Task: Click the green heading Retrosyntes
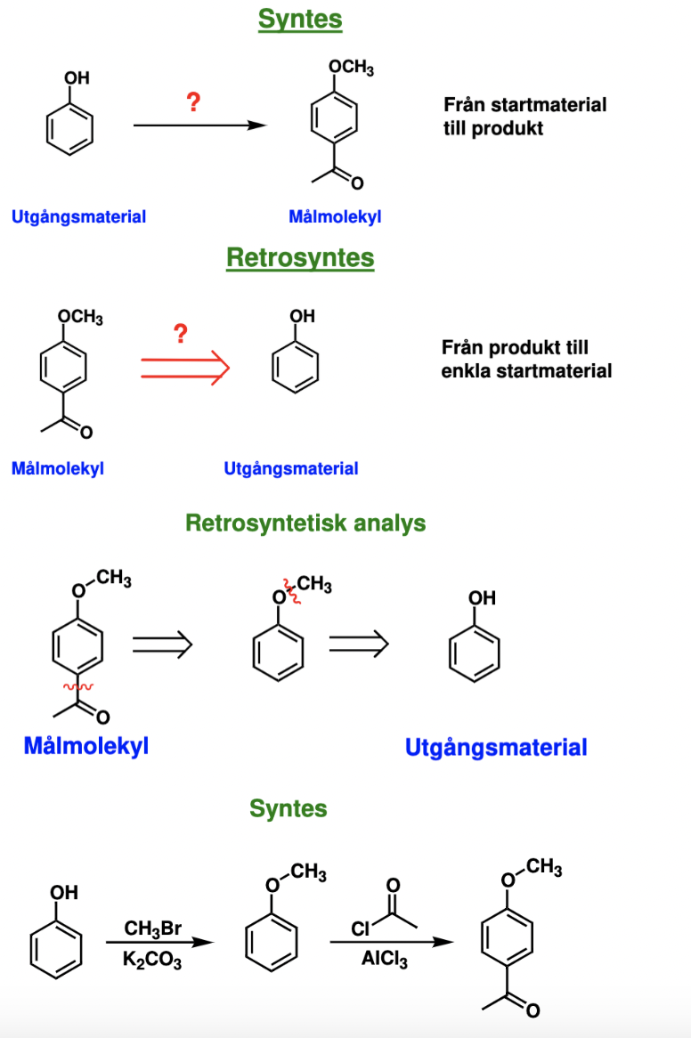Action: pyautogui.click(x=300, y=258)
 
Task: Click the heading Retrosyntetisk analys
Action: pyautogui.click(x=305, y=523)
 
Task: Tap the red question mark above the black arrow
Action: pyautogui.click(x=192, y=102)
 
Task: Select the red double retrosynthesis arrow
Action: pyautogui.click(x=185, y=369)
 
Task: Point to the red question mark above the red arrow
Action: pyautogui.click(x=181, y=335)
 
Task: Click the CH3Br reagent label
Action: pyautogui.click(x=153, y=929)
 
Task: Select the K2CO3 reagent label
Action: pyautogui.click(x=153, y=961)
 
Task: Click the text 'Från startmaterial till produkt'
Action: pyautogui.click(x=524, y=116)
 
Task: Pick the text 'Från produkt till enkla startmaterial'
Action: pyautogui.click(x=526, y=359)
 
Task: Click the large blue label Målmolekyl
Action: pyautogui.click(x=85, y=745)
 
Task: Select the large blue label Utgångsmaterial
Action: pyautogui.click(x=496, y=748)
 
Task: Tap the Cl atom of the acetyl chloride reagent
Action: pyautogui.click(x=360, y=929)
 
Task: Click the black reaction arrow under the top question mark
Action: pyautogui.click(x=200, y=126)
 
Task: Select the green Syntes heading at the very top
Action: pyautogui.click(x=300, y=20)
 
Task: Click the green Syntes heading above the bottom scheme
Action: pyautogui.click(x=288, y=808)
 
